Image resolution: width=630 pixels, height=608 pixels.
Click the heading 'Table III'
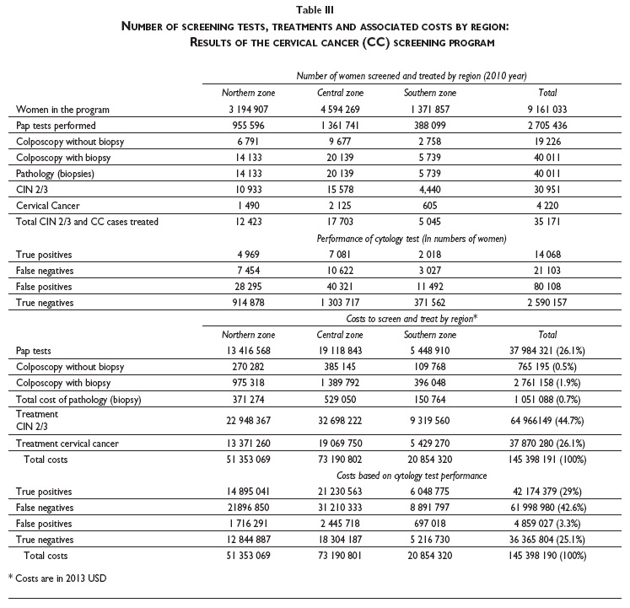[x=315, y=11]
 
